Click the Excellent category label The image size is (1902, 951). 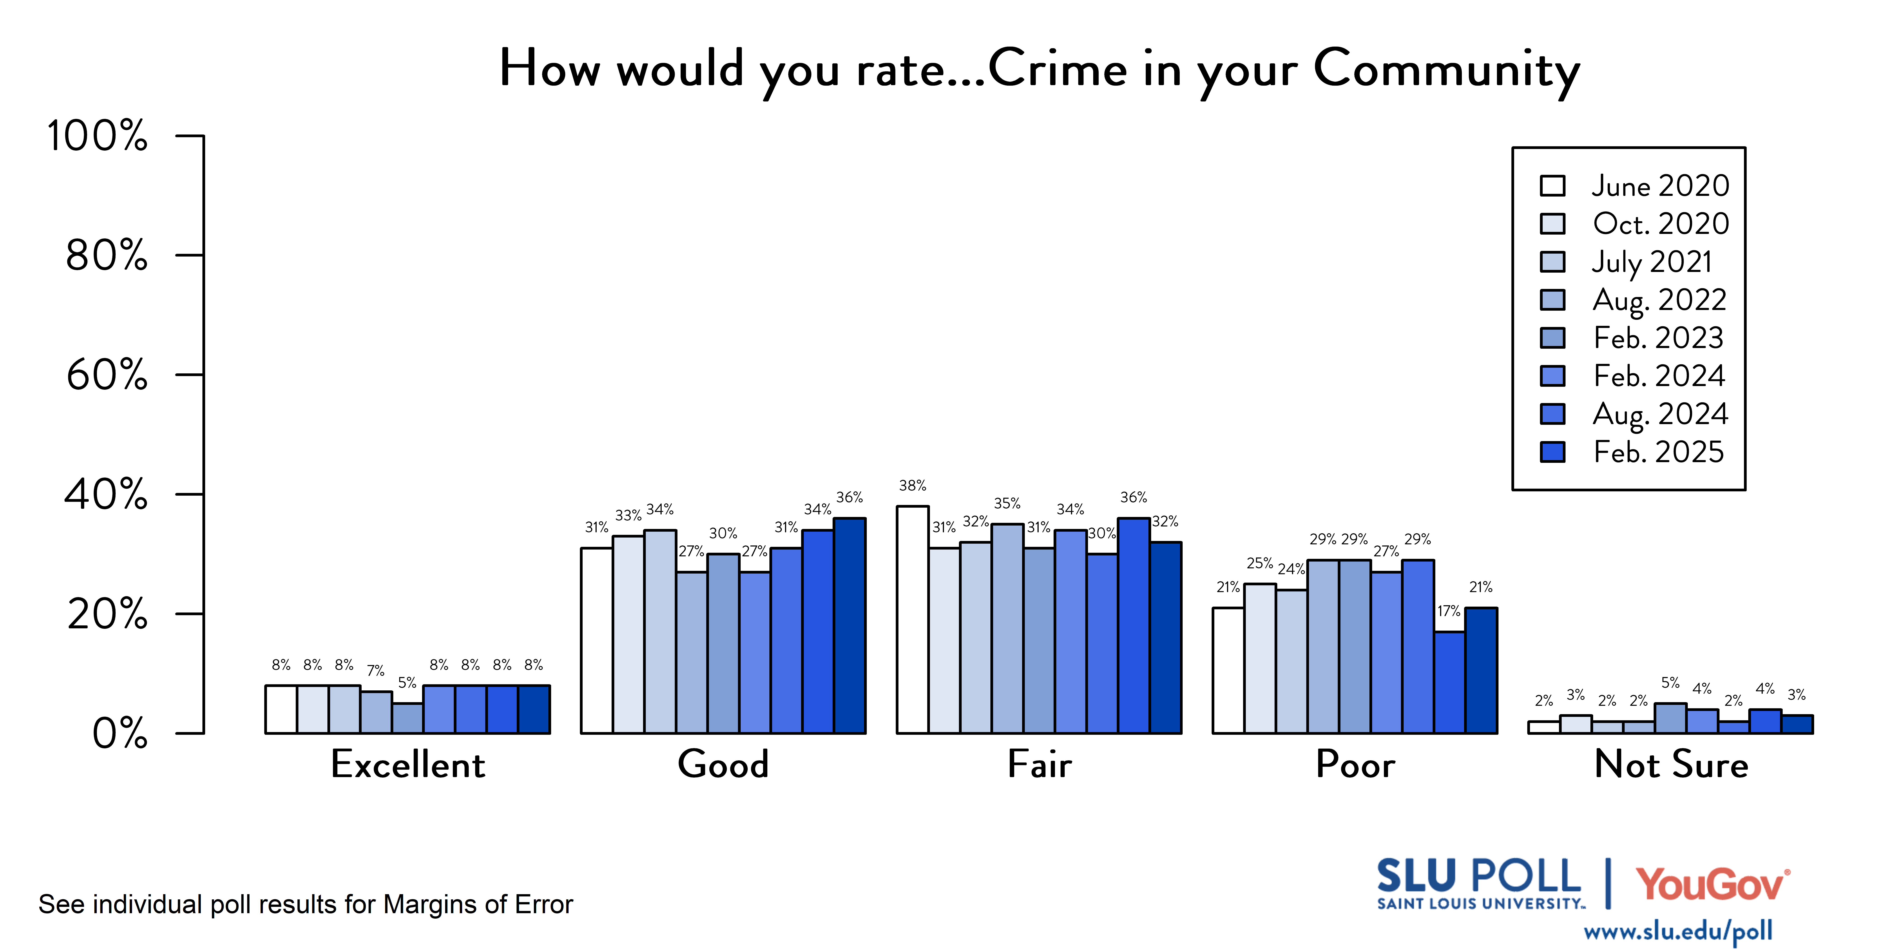pyautogui.click(x=408, y=764)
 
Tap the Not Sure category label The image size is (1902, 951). pyautogui.click(x=1671, y=764)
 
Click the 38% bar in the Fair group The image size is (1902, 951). pyautogui.click(x=913, y=620)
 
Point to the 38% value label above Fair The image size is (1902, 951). pyautogui.click(x=913, y=486)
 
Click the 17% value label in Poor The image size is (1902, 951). pyautogui.click(x=1449, y=611)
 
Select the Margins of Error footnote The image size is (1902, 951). pyautogui.click(x=306, y=905)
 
